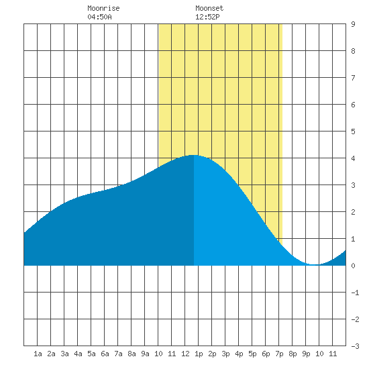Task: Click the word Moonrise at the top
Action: pyautogui.click(x=103, y=8)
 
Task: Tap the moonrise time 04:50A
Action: pyautogui.click(x=99, y=17)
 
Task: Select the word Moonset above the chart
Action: pyautogui.click(x=209, y=8)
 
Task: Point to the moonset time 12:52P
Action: pyautogui.click(x=207, y=17)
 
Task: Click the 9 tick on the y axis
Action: pyautogui.click(x=353, y=24)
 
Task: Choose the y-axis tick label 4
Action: pyautogui.click(x=353, y=158)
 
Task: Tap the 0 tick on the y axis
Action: pyautogui.click(x=353, y=266)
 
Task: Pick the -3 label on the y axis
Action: pyautogui.click(x=355, y=346)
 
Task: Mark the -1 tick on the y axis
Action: pyautogui.click(x=355, y=293)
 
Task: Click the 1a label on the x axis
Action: pyautogui.click(x=38, y=354)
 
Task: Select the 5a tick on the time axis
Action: pyautogui.click(x=91, y=354)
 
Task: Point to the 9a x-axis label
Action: pyautogui.click(x=145, y=354)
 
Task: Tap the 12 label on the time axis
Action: pyautogui.click(x=185, y=354)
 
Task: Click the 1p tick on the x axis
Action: pyautogui.click(x=199, y=354)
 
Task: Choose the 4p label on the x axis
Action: pyautogui.click(x=239, y=354)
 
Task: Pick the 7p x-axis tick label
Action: pyautogui.click(x=279, y=354)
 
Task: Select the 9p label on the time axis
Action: pyautogui.click(x=306, y=354)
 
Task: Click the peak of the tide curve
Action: pyautogui.click(x=193, y=155)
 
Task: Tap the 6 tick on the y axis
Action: pyautogui.click(x=353, y=105)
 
